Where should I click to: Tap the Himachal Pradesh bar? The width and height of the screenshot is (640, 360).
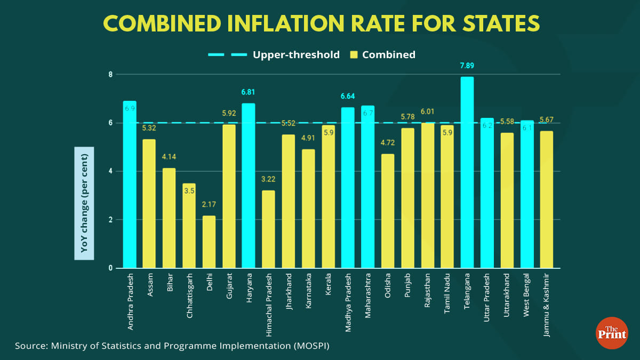point(268,229)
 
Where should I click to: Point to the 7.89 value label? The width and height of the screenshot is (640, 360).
point(467,66)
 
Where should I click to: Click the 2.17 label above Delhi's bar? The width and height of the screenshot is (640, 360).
point(209,205)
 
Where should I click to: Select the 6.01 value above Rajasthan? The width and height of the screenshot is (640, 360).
point(427,111)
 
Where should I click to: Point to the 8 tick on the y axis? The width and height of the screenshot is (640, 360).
point(111,74)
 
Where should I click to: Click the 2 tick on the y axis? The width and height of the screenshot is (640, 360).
point(111,220)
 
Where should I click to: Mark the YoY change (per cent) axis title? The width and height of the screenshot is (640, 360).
point(84,203)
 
